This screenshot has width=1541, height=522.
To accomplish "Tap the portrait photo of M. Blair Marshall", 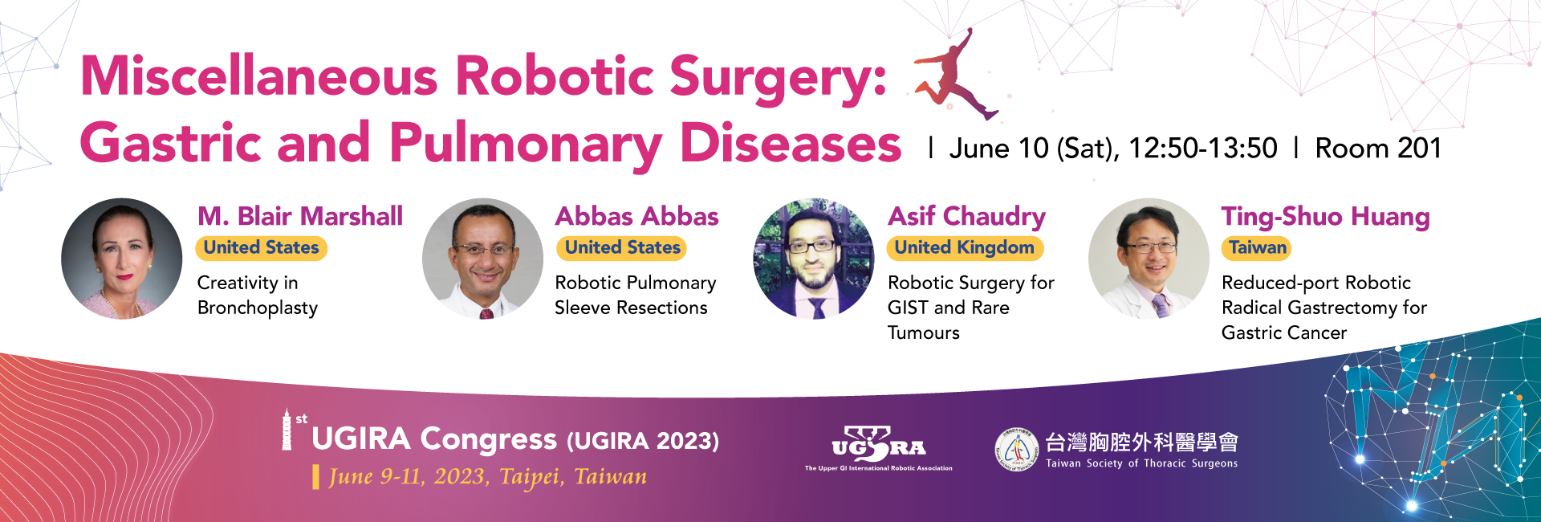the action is click(x=122, y=259).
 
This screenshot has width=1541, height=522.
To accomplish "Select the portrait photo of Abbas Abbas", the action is click(x=483, y=259).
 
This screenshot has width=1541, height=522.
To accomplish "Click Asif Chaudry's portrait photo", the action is click(x=814, y=259).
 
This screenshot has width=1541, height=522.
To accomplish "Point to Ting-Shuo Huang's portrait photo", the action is click(x=1149, y=259).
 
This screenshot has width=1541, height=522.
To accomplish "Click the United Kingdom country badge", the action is click(x=965, y=248).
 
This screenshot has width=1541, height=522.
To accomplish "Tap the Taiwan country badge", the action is click(x=1258, y=248).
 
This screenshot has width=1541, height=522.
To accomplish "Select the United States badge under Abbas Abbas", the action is click(x=622, y=248).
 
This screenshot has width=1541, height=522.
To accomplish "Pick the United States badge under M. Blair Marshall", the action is click(x=262, y=248).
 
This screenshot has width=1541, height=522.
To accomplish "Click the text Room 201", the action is click(x=1378, y=149).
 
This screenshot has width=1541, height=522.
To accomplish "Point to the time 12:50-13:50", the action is click(x=1203, y=149).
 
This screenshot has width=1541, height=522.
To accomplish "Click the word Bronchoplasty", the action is click(x=258, y=308).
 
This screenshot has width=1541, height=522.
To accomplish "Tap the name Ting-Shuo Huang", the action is click(x=1326, y=217).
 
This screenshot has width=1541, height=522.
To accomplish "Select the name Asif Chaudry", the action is click(x=966, y=217).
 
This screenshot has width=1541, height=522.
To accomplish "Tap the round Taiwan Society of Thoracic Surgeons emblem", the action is click(x=1017, y=450).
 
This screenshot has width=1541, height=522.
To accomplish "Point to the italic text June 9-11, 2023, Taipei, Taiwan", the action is click(x=488, y=477).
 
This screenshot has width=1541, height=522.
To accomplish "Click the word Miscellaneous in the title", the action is click(x=259, y=76).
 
